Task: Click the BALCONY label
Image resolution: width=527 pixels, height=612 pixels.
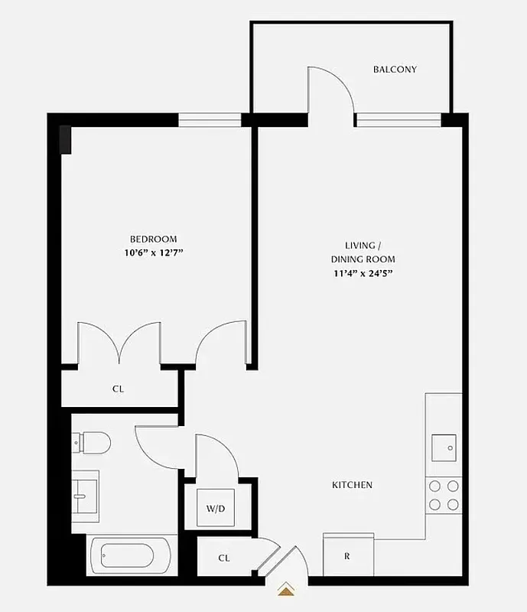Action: point(395,70)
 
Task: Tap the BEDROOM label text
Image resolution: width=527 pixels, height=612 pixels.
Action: point(153,239)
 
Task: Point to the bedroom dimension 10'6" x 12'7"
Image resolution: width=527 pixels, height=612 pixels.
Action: point(153,252)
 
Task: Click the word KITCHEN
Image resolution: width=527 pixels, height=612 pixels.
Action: point(352,485)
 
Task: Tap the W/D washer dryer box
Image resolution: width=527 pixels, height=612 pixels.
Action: point(214,508)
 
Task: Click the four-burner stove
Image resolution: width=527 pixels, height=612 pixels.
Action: point(444,494)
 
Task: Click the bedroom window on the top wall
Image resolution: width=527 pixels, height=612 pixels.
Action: point(210,120)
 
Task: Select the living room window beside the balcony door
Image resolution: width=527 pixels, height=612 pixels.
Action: point(399,119)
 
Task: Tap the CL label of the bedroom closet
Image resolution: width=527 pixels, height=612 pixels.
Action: point(119,389)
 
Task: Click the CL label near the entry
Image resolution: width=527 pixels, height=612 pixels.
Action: point(224,558)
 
